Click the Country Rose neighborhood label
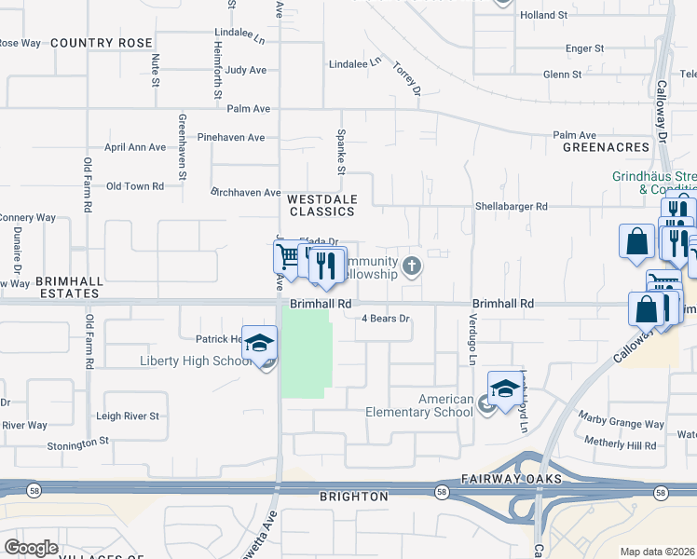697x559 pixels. pos(101,43)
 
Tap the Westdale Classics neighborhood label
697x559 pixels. pos(321,205)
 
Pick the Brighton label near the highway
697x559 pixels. pos(353,497)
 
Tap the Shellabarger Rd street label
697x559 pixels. pos(512,207)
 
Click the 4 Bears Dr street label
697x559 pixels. pos(386,319)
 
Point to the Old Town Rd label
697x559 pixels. pos(135,186)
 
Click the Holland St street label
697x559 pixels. pos(544,16)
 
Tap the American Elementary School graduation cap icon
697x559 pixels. pos(504,389)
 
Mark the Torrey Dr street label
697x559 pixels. pos(407,79)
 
